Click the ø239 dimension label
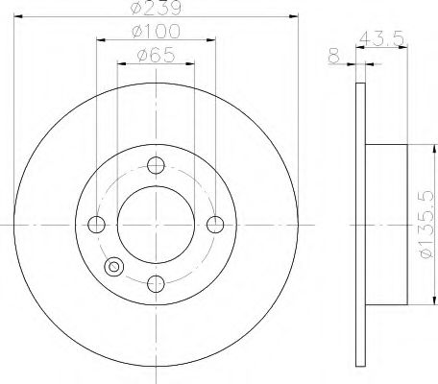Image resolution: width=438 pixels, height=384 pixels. tap(156, 8)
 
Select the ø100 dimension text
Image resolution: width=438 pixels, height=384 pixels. tap(156, 32)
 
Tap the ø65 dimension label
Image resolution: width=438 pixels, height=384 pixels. tap(156, 55)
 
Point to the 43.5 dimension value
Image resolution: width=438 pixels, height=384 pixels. tap(380, 38)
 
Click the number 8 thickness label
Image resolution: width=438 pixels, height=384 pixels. tap(333, 56)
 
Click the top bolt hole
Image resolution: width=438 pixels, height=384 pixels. tap(156, 165)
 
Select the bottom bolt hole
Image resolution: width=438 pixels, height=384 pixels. tap(156, 283)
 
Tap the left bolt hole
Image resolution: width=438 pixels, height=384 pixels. tap(96, 225)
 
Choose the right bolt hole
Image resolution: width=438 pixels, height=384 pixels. tap(215, 225)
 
